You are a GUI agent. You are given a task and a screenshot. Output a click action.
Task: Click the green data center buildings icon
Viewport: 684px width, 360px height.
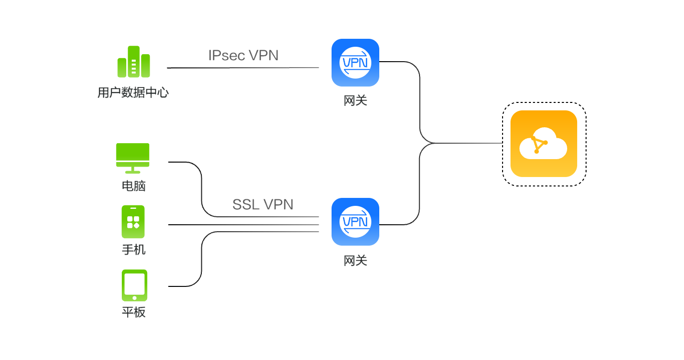click(x=133, y=62)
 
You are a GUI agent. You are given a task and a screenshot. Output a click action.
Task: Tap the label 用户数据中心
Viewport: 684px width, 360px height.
click(x=133, y=92)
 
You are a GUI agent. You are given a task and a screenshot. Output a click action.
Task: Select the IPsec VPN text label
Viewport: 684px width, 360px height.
click(x=244, y=55)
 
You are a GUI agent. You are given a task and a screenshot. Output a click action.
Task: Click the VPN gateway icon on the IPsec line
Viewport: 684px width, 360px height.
click(x=355, y=63)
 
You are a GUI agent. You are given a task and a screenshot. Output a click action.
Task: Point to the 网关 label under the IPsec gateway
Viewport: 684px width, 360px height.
click(x=355, y=100)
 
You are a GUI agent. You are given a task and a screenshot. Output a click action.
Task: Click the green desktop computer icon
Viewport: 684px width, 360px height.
click(x=133, y=158)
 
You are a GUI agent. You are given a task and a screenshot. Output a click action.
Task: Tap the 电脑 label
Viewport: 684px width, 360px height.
click(x=133, y=185)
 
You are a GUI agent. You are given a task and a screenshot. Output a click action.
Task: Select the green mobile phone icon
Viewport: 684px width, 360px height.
click(x=133, y=222)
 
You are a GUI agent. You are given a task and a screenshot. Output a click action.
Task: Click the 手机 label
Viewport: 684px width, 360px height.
click(x=133, y=250)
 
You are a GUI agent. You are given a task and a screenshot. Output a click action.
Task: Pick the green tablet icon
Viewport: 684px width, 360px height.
click(x=134, y=285)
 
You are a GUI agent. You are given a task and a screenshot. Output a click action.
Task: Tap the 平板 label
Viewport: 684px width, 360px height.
click(x=133, y=312)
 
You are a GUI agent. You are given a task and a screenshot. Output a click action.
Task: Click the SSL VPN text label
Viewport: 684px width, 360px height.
click(x=262, y=204)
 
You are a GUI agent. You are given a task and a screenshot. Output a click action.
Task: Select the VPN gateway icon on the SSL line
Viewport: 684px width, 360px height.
click(x=355, y=222)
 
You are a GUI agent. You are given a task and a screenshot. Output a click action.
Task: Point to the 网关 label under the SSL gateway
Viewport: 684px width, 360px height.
click(x=355, y=261)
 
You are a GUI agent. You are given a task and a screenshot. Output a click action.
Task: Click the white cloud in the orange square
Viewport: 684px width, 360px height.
click(x=543, y=144)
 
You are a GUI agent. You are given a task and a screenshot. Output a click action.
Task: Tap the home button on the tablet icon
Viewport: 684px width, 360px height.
click(x=134, y=298)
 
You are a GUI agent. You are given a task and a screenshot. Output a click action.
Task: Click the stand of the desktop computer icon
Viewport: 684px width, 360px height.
click(x=133, y=171)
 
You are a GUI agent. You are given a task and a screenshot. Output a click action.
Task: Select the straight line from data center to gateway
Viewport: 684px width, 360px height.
click(x=243, y=68)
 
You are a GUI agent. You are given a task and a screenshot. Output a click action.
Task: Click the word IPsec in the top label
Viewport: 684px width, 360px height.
click(x=227, y=55)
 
